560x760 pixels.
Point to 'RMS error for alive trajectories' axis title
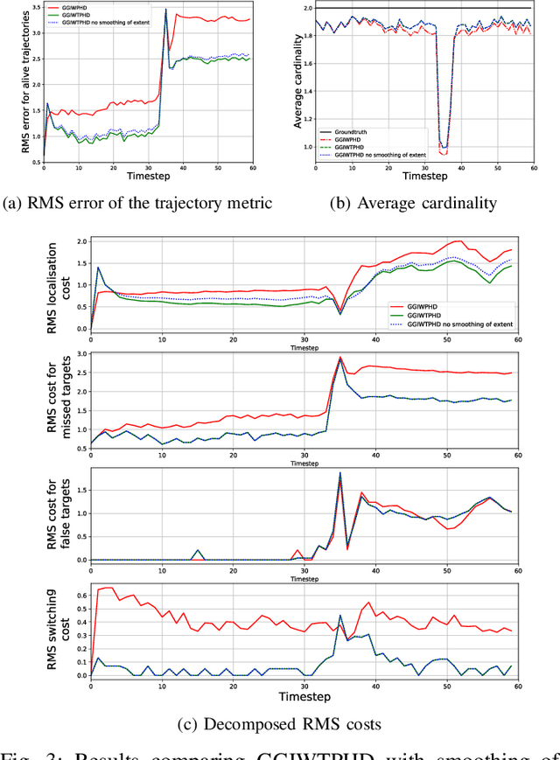(11, 84)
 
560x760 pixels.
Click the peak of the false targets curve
(339, 473)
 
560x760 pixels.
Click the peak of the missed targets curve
(339, 357)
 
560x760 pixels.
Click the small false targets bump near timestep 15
(198, 551)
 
